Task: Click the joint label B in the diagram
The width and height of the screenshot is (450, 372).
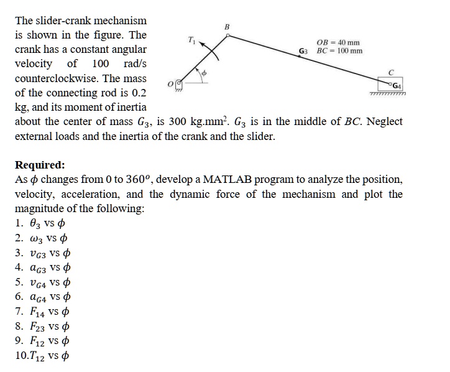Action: (x=227, y=27)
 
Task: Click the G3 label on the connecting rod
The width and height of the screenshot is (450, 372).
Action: (x=304, y=50)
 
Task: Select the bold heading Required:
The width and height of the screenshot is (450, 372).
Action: (x=40, y=165)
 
